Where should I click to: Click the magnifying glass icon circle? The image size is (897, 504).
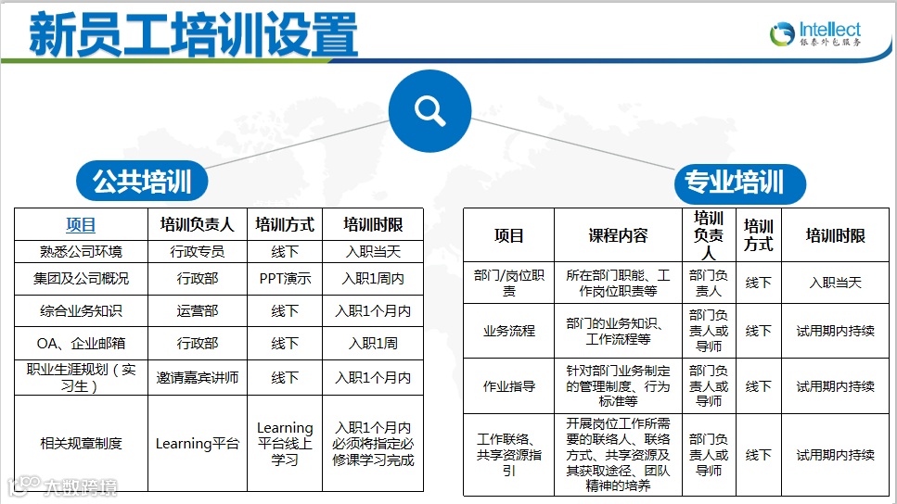[430, 111]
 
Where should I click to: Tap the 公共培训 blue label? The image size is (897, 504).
[142, 183]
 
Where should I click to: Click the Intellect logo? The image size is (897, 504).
[815, 34]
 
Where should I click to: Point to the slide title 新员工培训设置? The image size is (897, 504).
[193, 35]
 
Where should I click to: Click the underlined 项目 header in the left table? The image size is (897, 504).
[81, 224]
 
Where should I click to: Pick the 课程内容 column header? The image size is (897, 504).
[618, 235]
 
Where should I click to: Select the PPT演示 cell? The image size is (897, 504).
[285, 278]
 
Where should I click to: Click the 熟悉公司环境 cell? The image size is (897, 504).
[81, 251]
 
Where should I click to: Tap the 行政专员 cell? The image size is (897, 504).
[197, 251]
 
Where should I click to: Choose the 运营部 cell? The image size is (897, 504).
[197, 310]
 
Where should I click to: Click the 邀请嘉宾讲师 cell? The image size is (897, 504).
[197, 377]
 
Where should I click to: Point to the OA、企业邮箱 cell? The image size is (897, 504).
[81, 343]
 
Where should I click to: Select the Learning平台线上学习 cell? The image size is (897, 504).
[285, 444]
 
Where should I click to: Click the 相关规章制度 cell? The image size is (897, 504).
[81, 444]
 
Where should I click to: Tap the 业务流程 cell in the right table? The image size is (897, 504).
[509, 330]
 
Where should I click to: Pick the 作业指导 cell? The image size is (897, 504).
[509, 386]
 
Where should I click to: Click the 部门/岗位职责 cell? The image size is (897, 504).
[509, 283]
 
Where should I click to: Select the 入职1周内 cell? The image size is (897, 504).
[373, 278]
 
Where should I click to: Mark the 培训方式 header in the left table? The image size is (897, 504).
[285, 224]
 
